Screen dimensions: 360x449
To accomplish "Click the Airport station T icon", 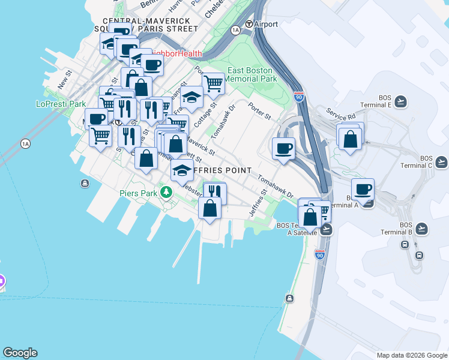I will point(249,25).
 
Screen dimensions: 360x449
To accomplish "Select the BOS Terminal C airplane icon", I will point(442,161).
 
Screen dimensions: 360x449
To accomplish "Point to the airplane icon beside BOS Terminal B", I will point(422,228).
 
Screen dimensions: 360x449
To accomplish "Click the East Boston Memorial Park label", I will point(252,74).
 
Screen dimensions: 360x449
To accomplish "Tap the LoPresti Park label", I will point(61,104).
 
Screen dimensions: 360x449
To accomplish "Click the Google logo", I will point(20,353).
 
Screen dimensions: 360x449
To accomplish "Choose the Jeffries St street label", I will point(258,204).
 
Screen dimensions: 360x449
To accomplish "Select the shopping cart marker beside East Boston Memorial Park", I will point(212,83).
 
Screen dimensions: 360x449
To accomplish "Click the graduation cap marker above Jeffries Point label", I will point(182,170).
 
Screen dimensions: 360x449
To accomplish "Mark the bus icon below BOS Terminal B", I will point(405,245).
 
